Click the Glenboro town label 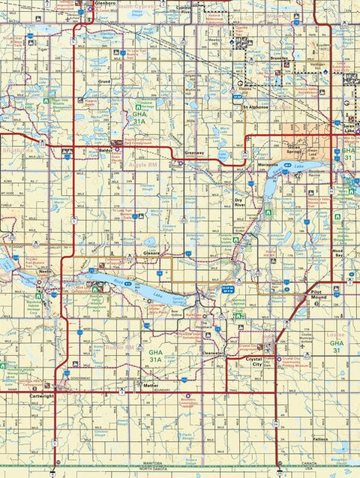[x=106, y=3]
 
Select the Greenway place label [x=194, y=152]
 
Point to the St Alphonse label [x=255, y=108]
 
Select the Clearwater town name [x=214, y=352]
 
